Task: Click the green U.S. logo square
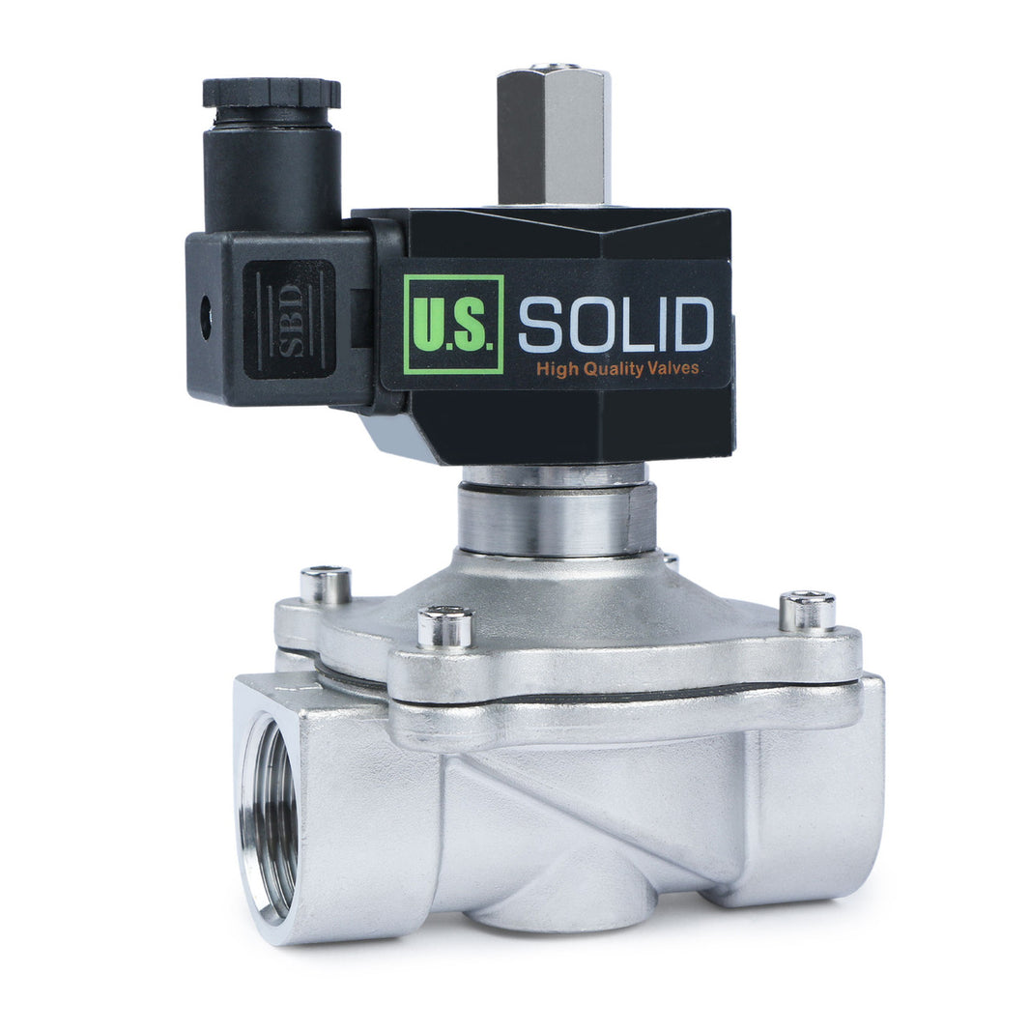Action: [453, 323]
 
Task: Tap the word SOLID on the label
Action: [615, 325]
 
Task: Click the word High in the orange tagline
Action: [557, 368]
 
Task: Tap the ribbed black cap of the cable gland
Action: [272, 94]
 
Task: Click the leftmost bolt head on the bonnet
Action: [325, 583]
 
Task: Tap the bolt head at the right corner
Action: [808, 610]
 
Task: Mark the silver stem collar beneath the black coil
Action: [557, 518]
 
